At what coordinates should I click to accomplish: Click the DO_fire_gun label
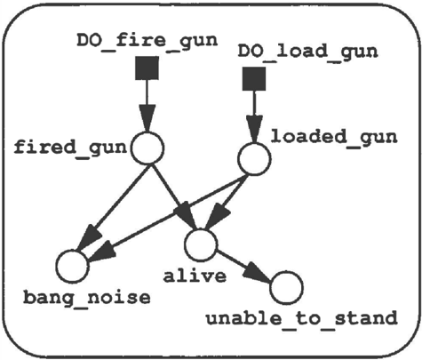pos(147,41)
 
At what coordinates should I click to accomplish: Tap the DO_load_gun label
pos(308,52)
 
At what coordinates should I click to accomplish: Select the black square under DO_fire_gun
pos(147,68)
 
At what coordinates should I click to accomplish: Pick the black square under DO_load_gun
pos(254,78)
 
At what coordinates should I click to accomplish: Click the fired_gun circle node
pos(147,148)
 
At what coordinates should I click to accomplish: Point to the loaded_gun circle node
pos(254,159)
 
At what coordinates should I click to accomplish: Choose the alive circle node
pos(201,244)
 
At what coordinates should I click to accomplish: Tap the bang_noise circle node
pos(73,266)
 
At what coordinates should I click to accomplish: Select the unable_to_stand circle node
pos(286,287)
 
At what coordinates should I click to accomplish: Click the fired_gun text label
pos(70,148)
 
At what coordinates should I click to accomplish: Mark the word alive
pos(195,276)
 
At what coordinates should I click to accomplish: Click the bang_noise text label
pos(87,298)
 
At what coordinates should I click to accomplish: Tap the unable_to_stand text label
pos(301,318)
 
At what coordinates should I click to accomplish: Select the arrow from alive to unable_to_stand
pos(243,266)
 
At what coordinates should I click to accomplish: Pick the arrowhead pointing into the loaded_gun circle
pos(254,129)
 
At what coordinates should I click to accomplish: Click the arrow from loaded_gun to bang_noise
pos(168,218)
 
